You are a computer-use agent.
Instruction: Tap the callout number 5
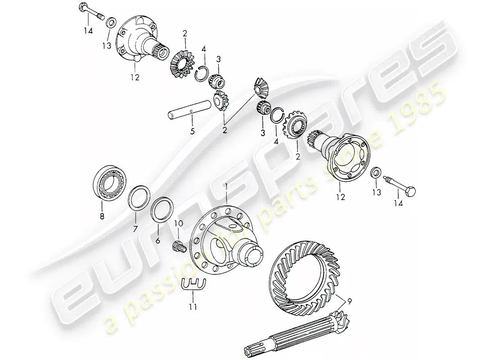[192, 130]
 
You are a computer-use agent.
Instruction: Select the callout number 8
[102, 216]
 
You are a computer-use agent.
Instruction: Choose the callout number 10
[178, 224]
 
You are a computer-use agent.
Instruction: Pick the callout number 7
[135, 229]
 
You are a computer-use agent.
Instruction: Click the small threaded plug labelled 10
[179, 245]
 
